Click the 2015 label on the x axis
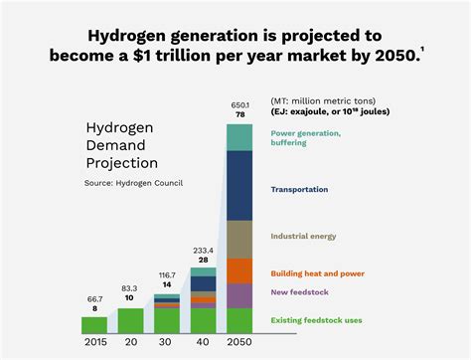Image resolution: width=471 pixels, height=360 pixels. pyautogui.click(x=94, y=343)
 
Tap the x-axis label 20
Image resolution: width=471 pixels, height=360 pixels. pyautogui.click(x=130, y=343)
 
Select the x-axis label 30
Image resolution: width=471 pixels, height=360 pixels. pyautogui.click(x=166, y=343)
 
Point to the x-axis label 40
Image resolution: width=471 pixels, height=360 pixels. pyautogui.click(x=203, y=343)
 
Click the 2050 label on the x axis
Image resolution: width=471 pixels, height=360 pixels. pyautogui.click(x=239, y=343)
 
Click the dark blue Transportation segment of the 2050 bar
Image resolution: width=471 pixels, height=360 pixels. pyautogui.click(x=239, y=185)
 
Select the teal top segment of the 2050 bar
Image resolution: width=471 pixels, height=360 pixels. pyautogui.click(x=239, y=137)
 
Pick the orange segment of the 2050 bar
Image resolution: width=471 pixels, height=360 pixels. pyautogui.click(x=239, y=270)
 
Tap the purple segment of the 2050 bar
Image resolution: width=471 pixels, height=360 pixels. pyautogui.click(x=239, y=295)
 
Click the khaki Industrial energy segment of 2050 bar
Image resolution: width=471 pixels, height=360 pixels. pyautogui.click(x=239, y=239)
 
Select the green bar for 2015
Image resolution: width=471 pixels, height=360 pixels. pyautogui.click(x=94, y=324)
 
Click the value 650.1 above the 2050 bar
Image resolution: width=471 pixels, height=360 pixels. pyautogui.click(x=239, y=105)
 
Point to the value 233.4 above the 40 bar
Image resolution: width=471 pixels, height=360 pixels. pyautogui.click(x=203, y=250)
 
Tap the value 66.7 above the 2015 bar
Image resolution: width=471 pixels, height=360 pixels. pyautogui.click(x=94, y=298)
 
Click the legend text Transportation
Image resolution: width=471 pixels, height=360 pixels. pyautogui.click(x=299, y=189)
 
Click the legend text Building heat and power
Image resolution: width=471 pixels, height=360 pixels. pyautogui.click(x=318, y=272)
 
